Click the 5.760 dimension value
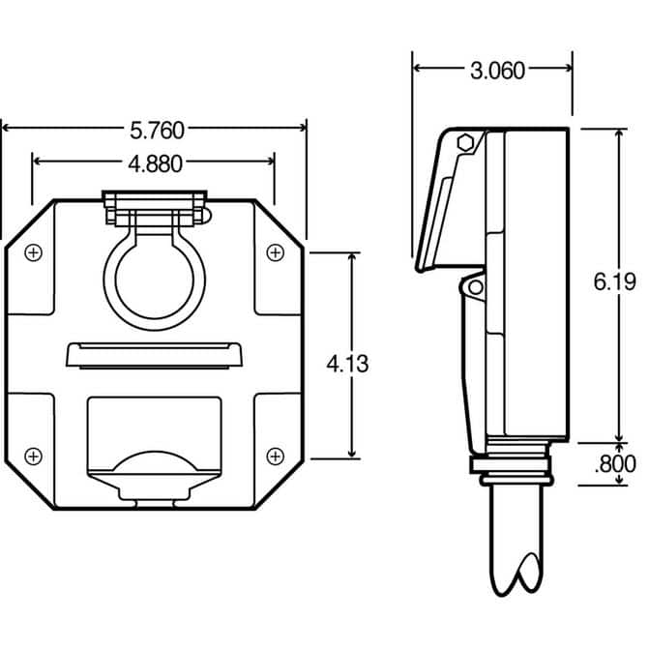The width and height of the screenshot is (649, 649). (x=157, y=131)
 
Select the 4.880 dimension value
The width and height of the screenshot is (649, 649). (x=155, y=163)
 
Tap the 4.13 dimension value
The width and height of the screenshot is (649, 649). (x=347, y=365)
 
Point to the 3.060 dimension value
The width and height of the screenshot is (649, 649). (x=497, y=71)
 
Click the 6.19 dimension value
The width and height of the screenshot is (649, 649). (x=614, y=281)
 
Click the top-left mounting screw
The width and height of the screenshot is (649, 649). (x=34, y=252)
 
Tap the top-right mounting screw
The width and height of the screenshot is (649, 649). (x=276, y=252)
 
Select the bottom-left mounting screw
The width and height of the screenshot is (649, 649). (x=34, y=457)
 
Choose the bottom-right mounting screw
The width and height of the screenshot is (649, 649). (x=276, y=457)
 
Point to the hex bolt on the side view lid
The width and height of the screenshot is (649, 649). (x=465, y=143)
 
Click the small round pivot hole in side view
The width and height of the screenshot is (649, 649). (x=476, y=287)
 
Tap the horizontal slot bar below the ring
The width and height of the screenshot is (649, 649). (x=154, y=355)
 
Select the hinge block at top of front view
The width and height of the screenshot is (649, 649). (x=155, y=208)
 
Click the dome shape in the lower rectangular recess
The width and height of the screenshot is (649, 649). (x=155, y=462)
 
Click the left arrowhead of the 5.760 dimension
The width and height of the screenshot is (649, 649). (x=6, y=128)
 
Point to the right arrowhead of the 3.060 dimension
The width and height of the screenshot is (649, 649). (x=568, y=68)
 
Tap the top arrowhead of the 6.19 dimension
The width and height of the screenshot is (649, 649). (x=620, y=133)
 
